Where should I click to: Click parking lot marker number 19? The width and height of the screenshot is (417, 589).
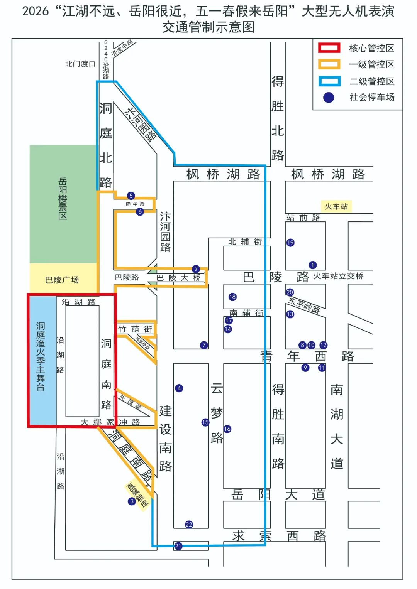click(x=290, y=243)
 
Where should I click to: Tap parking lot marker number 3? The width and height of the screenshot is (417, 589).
click(x=132, y=501)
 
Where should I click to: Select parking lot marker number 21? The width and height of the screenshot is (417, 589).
click(x=178, y=546)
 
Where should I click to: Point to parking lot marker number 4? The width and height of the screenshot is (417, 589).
click(x=179, y=388)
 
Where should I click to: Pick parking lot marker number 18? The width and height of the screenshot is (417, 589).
click(x=232, y=297)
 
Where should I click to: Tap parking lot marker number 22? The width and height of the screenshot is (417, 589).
click(x=189, y=525)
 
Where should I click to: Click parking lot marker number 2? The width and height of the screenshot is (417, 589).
click(x=196, y=269)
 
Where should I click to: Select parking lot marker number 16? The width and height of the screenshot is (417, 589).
click(x=227, y=429)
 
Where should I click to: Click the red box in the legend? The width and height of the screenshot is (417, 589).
click(x=329, y=48)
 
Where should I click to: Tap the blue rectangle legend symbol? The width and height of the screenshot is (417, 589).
click(x=329, y=81)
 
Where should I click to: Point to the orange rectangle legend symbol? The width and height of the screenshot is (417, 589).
click(x=329, y=64)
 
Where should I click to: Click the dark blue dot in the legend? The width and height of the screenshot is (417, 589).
click(x=329, y=98)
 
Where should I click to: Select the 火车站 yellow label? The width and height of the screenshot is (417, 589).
click(x=336, y=207)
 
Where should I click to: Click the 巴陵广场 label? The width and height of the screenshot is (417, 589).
click(x=62, y=280)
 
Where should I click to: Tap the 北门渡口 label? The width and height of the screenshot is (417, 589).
click(x=80, y=64)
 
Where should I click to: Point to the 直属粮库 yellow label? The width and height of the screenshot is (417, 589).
click(x=138, y=495)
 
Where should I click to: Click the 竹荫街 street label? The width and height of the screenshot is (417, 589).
click(x=136, y=329)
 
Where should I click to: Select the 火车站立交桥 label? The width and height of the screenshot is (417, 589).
click(x=338, y=276)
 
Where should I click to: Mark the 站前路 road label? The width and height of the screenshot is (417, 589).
click(x=303, y=218)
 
